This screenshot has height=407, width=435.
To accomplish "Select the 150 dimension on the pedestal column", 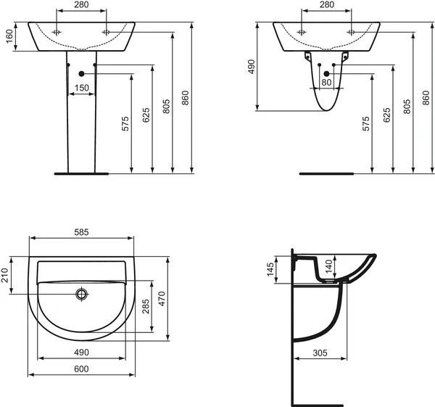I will tap(81, 87).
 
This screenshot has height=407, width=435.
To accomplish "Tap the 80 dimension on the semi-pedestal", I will tap(326, 82).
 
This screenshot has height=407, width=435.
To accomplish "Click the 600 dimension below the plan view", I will tap(81, 369).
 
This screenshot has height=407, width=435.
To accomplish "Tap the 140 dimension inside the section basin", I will tap(327, 268).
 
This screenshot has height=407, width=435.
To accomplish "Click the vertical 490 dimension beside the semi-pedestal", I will tap(252, 67).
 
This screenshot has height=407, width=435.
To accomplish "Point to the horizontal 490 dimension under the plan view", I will tap(81, 352).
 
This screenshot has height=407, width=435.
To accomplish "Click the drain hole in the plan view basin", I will tap(81, 294).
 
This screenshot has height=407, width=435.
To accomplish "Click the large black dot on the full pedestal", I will tap(81, 74).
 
